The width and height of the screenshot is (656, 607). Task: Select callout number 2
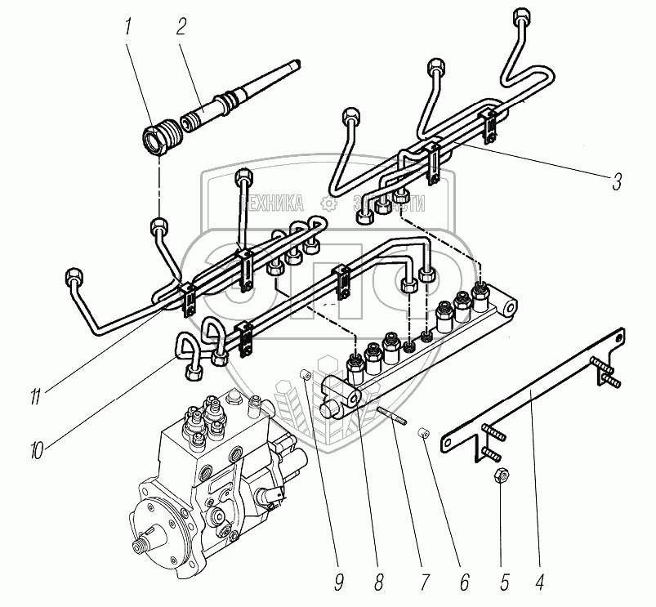[182, 25]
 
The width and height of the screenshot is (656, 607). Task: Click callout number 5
[503, 584]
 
